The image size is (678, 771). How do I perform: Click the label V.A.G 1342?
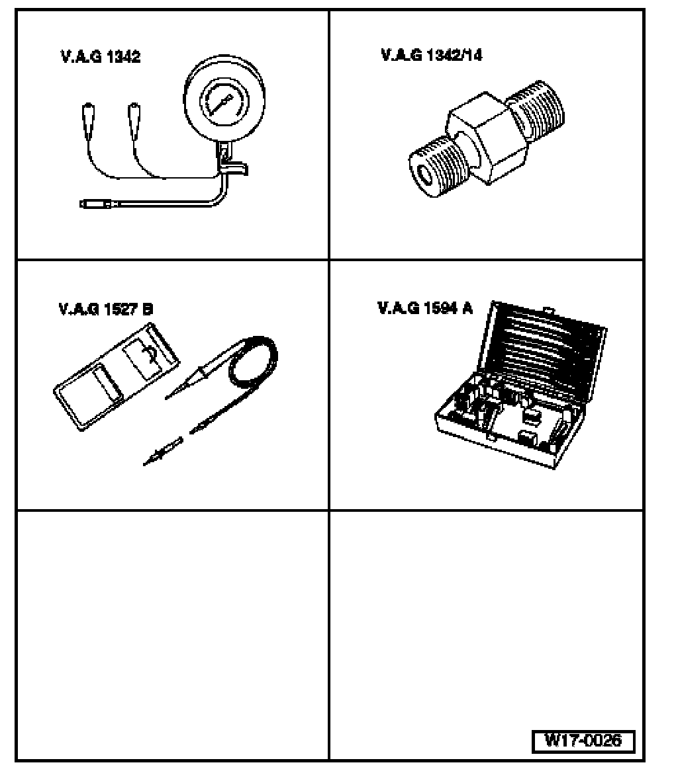point(99,57)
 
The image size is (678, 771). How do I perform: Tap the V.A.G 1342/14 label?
point(432,55)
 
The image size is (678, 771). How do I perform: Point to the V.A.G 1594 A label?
point(425,308)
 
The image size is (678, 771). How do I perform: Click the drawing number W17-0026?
point(583,740)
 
